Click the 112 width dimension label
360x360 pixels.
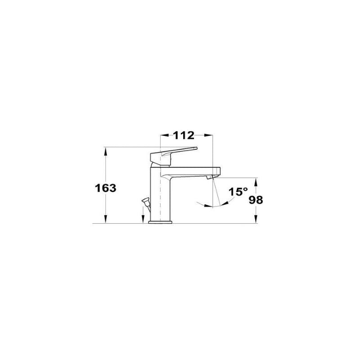pos(184,135)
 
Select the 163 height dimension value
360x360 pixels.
pos(106,188)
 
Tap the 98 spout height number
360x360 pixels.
pos(256,200)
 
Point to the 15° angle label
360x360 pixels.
pos(238,192)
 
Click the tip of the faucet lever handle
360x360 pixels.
pos(196,148)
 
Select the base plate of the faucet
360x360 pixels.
pos(160,222)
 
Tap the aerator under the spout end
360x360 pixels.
pos(211,176)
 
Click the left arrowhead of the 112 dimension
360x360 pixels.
pos(164,135)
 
